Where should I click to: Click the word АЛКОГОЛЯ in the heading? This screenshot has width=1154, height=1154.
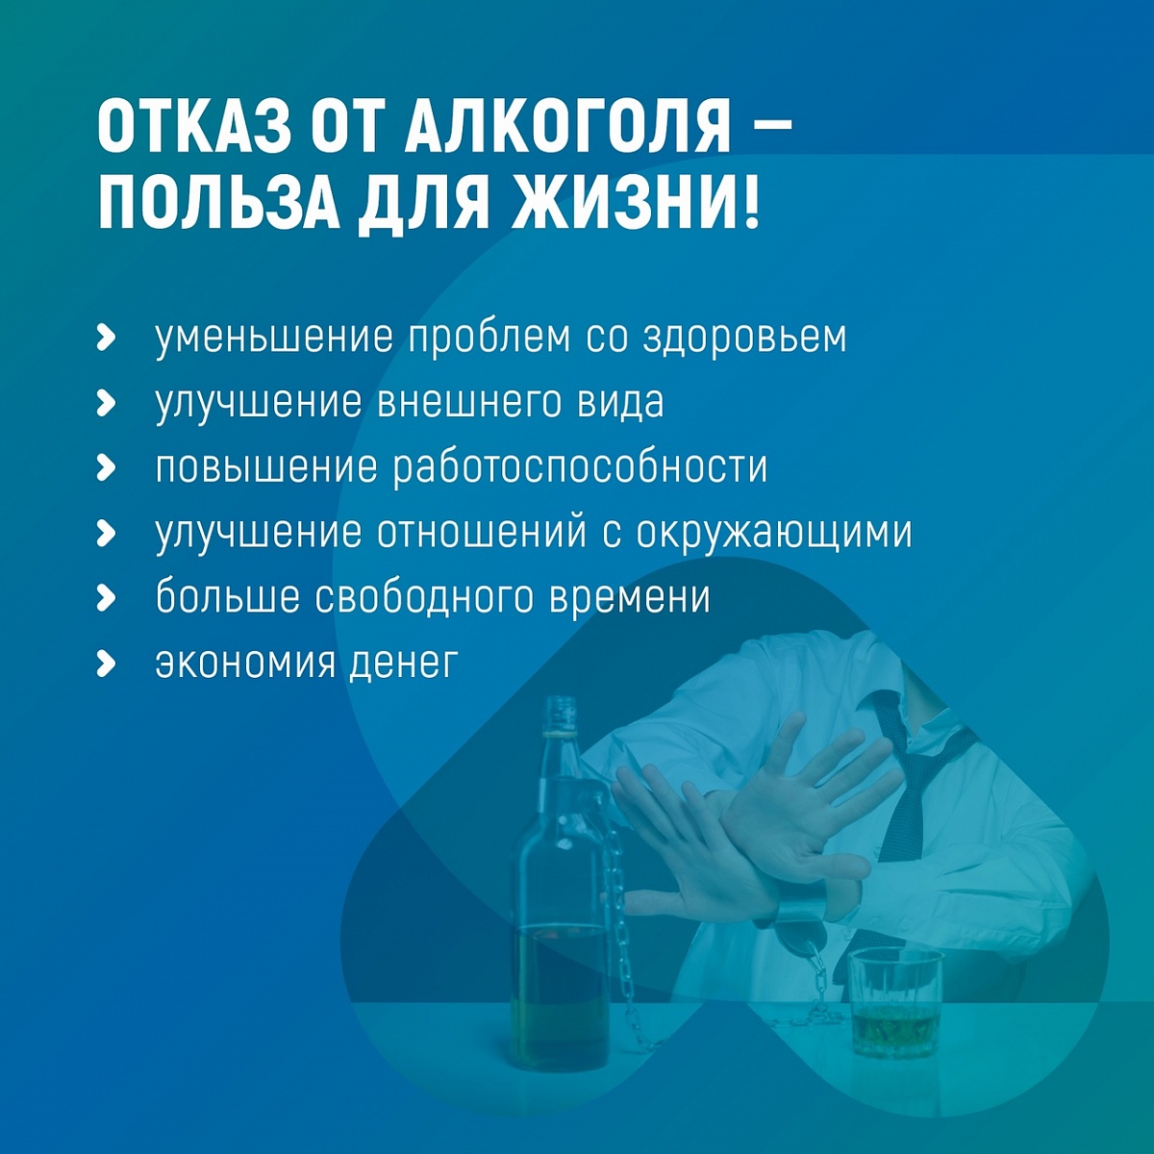click(x=566, y=129)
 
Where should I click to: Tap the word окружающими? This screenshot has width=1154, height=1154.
click(x=773, y=534)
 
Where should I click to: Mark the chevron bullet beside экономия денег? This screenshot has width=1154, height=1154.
click(x=106, y=665)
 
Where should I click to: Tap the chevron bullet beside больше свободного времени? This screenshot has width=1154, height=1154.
click(x=106, y=598)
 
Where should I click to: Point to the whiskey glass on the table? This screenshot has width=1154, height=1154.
click(x=894, y=1001)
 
